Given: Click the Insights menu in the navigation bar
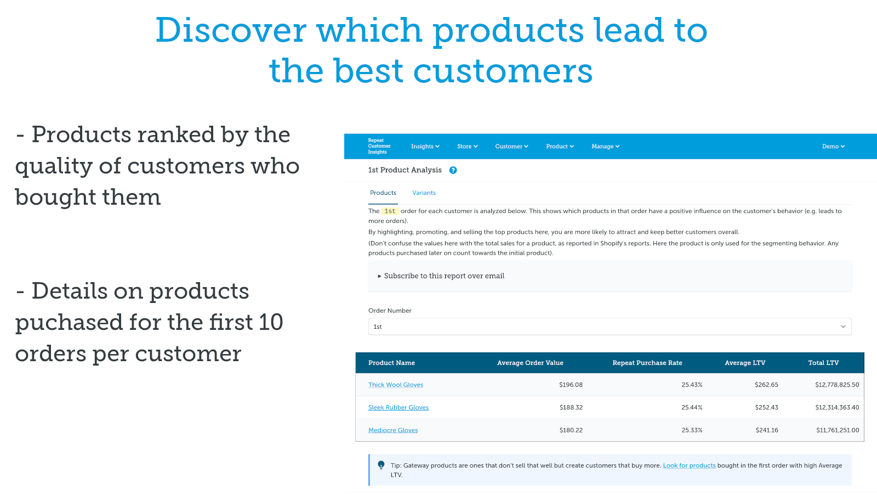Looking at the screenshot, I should click(425, 147).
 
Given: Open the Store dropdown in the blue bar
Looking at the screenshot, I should click(467, 147).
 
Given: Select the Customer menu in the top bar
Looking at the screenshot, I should click(511, 147).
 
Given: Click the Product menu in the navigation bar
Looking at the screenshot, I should click(560, 147).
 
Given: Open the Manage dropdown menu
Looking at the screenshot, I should click(605, 147).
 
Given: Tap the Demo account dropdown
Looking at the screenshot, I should click(833, 147).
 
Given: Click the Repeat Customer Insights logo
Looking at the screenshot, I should click(379, 146).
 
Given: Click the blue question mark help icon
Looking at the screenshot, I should click(453, 170).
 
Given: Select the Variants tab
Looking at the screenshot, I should click(424, 193).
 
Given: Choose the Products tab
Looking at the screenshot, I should click(383, 193).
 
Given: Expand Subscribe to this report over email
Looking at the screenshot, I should click(441, 276).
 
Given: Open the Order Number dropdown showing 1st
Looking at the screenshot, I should click(610, 327).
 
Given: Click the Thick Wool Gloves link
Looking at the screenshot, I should click(396, 385).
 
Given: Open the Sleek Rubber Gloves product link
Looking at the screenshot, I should click(398, 407).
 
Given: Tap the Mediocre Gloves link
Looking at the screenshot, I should click(393, 430).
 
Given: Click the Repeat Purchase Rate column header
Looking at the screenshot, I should click(647, 363).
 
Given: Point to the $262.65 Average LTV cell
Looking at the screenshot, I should click(766, 385).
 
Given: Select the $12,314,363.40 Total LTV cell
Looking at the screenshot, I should click(837, 407).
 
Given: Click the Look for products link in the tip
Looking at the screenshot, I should click(689, 465).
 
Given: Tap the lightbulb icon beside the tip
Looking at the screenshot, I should click(381, 465).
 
